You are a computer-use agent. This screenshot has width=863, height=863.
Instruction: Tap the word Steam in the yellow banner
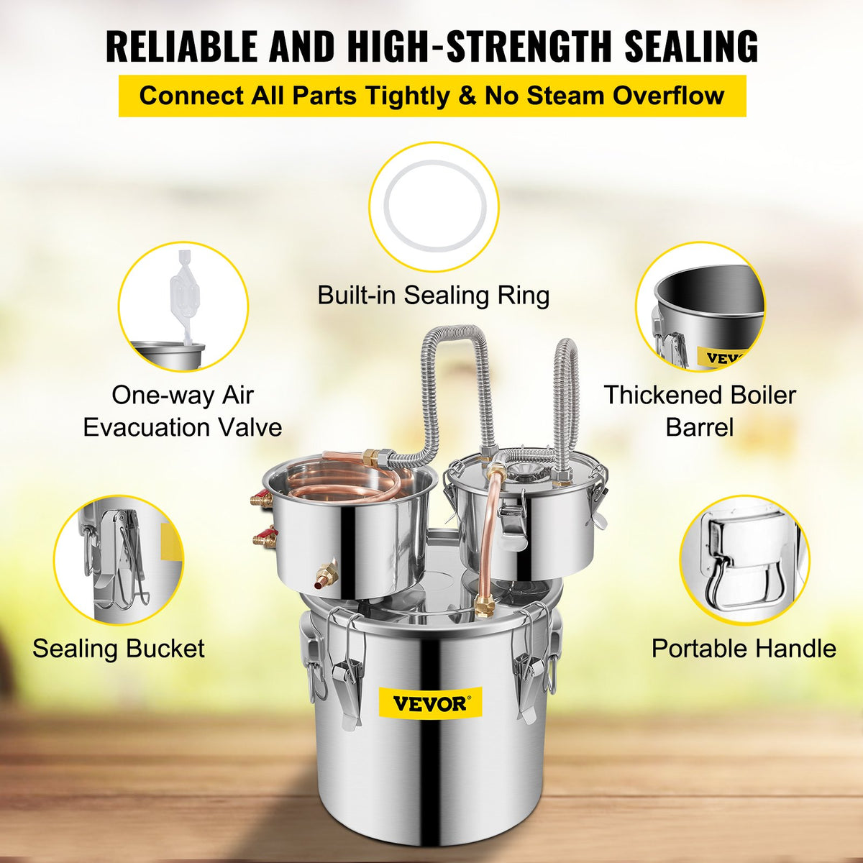pos(567,95)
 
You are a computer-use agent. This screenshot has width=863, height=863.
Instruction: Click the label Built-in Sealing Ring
pos(434,295)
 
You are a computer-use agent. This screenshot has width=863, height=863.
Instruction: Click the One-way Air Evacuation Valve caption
pos(183,411)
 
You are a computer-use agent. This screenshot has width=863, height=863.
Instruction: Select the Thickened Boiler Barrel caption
pos(700,411)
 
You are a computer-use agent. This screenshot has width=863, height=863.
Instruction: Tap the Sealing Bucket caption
pos(119,648)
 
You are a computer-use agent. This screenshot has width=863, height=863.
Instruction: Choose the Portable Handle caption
pos(744,648)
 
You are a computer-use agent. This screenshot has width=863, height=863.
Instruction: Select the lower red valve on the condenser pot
pos(262,538)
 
